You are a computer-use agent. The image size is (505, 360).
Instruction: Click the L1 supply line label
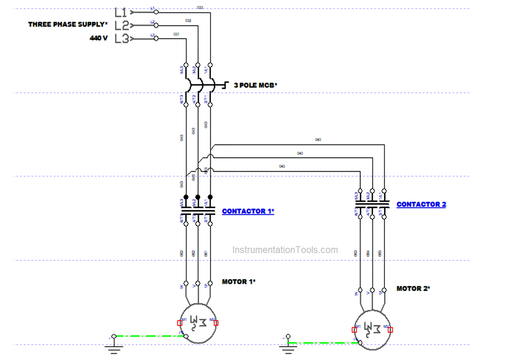121,12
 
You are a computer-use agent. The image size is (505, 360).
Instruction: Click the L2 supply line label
121,25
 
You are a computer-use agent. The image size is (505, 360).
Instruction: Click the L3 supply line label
121,39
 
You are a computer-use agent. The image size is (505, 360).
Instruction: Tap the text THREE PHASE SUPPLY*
68,24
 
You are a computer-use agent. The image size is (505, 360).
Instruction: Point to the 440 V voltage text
99,38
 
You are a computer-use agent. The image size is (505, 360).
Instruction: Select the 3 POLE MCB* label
255,86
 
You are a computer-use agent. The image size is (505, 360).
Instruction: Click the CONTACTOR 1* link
248,211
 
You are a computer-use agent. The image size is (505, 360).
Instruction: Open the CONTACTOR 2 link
421,204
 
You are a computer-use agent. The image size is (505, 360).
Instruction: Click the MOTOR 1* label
239,282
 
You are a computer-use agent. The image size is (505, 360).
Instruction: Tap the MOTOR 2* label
413,289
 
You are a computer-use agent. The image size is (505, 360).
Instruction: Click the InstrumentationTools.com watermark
285,250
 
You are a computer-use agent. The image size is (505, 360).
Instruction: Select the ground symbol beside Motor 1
114,345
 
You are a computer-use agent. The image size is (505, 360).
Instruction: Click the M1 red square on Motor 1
180,323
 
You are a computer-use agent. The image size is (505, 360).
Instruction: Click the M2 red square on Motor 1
216,323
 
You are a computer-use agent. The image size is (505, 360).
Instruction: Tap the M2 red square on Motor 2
390,330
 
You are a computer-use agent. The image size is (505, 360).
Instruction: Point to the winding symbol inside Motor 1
198,322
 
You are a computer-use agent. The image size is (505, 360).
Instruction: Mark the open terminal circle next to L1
156,12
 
